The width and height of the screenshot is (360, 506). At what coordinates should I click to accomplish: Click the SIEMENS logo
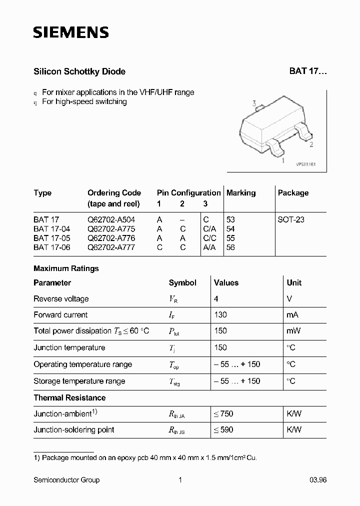[x=71, y=33]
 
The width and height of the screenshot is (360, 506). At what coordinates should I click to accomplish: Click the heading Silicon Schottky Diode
[x=79, y=71]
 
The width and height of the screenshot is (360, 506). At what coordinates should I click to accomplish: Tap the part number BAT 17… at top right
[x=307, y=71]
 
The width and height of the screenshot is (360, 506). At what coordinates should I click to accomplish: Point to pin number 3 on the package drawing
[x=254, y=104]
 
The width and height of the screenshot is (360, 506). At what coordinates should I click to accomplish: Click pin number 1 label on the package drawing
[x=283, y=160]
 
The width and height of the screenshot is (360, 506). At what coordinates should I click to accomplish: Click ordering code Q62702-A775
[x=111, y=228]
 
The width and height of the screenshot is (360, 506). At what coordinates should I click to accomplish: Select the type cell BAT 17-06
[x=52, y=247]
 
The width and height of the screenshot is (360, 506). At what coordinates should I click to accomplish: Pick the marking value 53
[x=230, y=219]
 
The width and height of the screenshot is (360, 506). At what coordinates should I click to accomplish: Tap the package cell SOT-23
[x=291, y=219]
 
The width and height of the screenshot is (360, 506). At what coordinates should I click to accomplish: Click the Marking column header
[x=241, y=193]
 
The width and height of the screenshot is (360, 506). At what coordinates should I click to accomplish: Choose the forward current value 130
[x=220, y=315]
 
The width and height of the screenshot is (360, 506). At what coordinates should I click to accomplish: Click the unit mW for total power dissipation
[x=293, y=331]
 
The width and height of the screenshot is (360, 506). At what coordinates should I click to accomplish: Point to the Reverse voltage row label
[x=61, y=299]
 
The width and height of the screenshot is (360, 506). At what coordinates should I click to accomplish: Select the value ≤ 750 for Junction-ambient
[x=223, y=414]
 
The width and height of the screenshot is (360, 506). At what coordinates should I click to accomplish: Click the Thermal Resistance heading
[x=69, y=398]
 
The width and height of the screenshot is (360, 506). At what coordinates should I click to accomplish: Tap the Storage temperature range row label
[x=79, y=381]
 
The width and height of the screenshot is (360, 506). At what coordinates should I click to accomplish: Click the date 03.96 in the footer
[x=316, y=480]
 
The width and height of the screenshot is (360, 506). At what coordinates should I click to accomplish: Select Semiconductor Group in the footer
[x=66, y=480]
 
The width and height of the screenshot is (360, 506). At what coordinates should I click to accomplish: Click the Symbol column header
[x=182, y=283]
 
